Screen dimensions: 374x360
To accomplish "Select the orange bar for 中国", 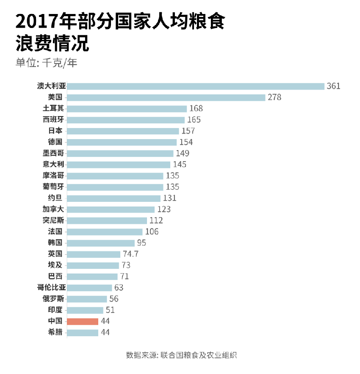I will [x=83, y=321].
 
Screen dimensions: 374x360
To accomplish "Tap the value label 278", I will [x=274, y=98].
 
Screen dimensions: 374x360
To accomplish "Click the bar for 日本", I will [x=123, y=131].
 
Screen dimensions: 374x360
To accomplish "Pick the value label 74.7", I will [x=130, y=254].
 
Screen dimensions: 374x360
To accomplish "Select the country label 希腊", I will [x=55, y=332].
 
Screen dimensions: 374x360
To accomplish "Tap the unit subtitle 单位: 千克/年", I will [x=47, y=63].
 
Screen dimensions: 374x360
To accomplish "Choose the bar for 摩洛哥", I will [x=115, y=176].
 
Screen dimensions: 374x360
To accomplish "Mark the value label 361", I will [x=333, y=86].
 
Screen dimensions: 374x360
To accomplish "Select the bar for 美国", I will [x=166, y=98].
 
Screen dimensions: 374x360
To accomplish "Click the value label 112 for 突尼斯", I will [x=156, y=220].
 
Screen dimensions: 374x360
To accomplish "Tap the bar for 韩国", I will [x=101, y=243].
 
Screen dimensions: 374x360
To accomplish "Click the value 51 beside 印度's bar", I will [x=110, y=310].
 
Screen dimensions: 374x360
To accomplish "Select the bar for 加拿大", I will [x=111, y=209].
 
